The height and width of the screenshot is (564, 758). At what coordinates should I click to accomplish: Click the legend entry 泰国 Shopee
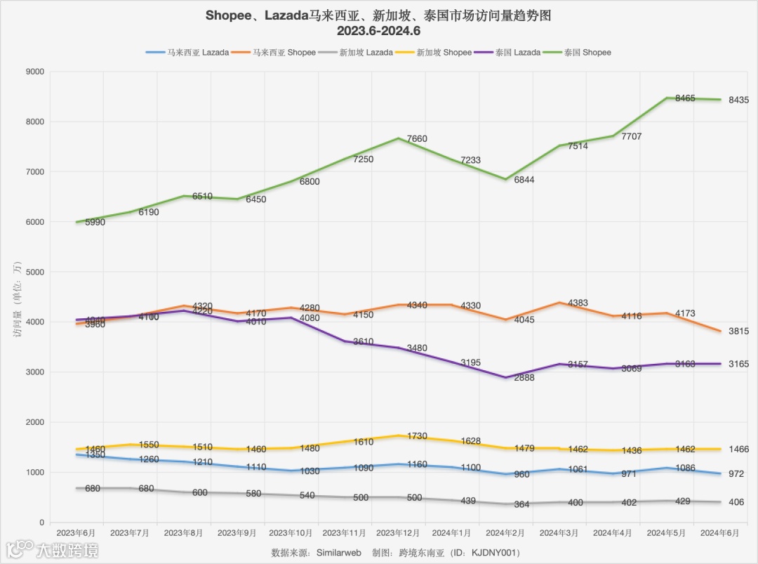click(x=587, y=53)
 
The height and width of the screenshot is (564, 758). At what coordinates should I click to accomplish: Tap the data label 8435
click(x=738, y=100)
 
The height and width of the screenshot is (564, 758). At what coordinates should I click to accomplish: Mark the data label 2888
click(x=524, y=378)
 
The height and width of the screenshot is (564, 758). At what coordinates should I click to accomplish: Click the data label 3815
click(x=738, y=332)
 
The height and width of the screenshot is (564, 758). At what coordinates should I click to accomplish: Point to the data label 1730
click(x=417, y=436)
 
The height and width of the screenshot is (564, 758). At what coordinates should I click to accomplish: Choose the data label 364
click(x=521, y=504)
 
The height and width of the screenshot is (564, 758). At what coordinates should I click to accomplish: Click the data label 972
click(x=736, y=475)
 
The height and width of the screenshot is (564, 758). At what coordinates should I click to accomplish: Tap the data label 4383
click(x=578, y=303)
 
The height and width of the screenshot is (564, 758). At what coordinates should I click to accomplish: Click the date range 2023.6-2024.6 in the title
click(x=378, y=31)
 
